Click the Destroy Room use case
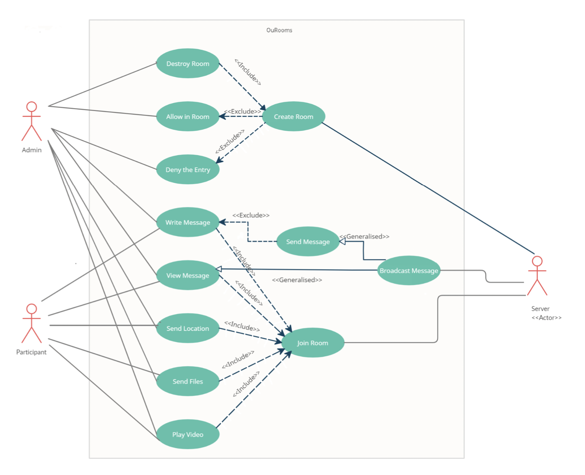[187, 63]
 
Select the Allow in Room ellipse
[187, 116]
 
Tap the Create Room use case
[294, 116]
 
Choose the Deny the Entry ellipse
[187, 169]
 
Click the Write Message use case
[187, 222]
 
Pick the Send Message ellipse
[308, 242]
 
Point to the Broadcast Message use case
[409, 271]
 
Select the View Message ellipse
[187, 275]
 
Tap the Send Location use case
[187, 328]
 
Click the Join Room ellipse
[312, 343]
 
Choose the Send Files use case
[187, 381]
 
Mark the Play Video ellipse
[187, 434]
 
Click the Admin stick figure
[32, 121]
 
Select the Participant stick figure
[32, 324]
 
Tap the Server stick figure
[537, 275]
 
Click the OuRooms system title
[279, 30]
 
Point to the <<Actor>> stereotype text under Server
[546, 317]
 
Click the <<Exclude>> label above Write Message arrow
[251, 215]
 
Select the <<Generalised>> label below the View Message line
[297, 280]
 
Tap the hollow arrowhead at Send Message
[342, 242]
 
